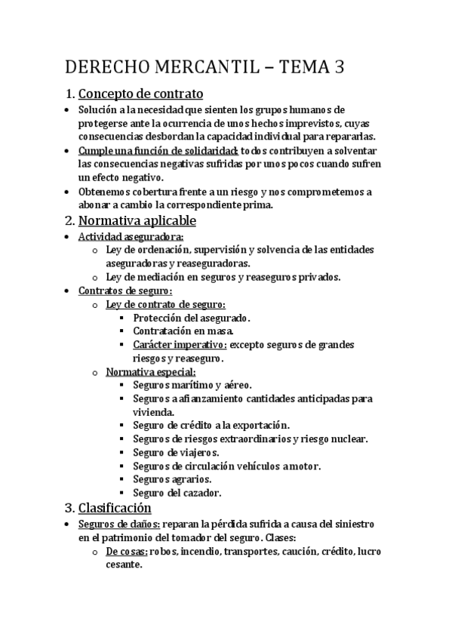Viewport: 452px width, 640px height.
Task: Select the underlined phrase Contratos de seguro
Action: click(x=125, y=291)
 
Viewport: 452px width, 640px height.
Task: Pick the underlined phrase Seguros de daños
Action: click(x=118, y=524)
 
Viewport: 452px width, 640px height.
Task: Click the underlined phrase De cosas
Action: click(x=126, y=551)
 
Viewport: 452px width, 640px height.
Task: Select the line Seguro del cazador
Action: click(x=177, y=493)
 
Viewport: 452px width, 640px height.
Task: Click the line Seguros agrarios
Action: click(x=172, y=479)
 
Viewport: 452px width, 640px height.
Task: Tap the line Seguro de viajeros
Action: click(x=175, y=452)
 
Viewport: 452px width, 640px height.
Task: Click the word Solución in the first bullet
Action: click(x=99, y=109)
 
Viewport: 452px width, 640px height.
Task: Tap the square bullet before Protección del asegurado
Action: click(x=121, y=318)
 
